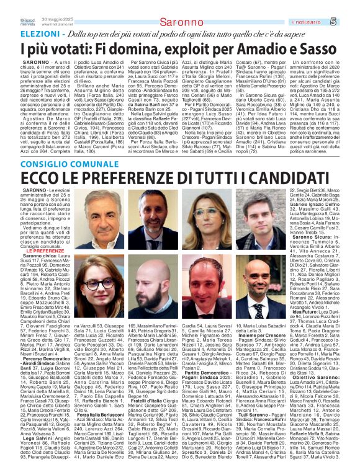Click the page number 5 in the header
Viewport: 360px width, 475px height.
click(x=351, y=23)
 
